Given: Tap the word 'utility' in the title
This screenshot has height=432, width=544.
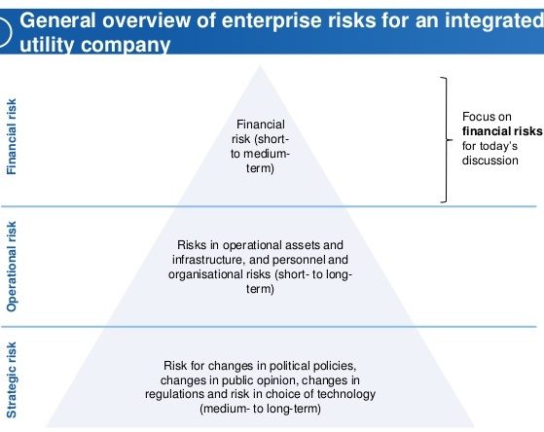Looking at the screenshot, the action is (x=47, y=45).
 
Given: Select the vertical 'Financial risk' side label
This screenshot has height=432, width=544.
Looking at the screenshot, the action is (x=12, y=136).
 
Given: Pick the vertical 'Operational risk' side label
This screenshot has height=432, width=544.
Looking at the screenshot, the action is (x=12, y=267).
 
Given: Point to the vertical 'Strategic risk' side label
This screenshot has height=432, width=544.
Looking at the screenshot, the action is (x=12, y=380).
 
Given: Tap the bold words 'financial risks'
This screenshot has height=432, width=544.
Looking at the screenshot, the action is (x=502, y=131).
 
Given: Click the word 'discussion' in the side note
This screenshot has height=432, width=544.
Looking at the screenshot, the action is (x=490, y=161).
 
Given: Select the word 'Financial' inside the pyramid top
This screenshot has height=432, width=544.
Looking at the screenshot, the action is (x=261, y=125).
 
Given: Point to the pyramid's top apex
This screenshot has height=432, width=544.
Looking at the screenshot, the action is (x=260, y=65).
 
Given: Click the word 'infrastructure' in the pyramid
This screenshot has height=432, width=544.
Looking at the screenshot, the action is (x=208, y=260).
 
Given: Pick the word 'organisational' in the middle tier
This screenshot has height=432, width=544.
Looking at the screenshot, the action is (x=219, y=274).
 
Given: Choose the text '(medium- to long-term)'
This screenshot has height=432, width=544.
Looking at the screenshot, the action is (x=260, y=409).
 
